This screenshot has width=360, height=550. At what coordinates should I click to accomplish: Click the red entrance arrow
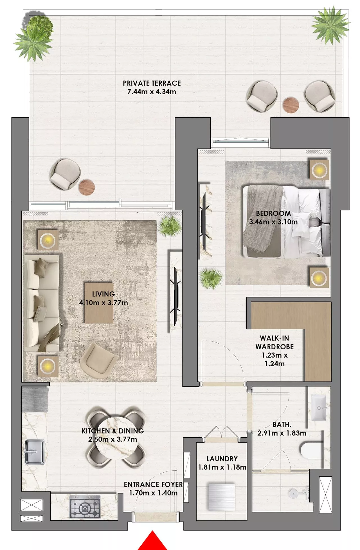click(152, 542)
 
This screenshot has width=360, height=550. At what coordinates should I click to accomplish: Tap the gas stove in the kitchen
click(85, 507)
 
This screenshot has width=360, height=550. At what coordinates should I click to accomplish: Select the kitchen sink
click(35, 452)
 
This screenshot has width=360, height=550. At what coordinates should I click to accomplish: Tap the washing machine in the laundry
click(221, 497)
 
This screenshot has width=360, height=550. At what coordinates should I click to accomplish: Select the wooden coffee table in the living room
click(99, 303)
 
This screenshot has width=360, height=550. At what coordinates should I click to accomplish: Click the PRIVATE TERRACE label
click(152, 83)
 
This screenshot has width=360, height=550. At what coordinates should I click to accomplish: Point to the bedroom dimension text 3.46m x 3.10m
click(273, 222)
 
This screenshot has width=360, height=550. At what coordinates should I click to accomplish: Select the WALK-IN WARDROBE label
click(274, 342)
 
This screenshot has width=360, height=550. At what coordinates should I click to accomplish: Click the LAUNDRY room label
click(222, 459)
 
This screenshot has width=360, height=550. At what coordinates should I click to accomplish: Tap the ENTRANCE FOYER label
click(153, 484)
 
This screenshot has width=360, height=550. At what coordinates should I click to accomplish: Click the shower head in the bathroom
click(293, 493)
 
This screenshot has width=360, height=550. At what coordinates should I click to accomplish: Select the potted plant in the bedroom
click(211, 278)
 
